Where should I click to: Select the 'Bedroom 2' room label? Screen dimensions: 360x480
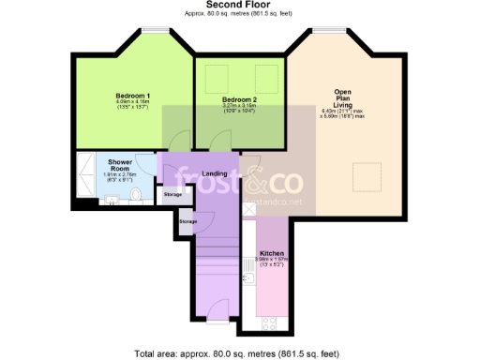click(x=239, y=99)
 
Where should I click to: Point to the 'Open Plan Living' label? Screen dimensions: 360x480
click(x=342, y=97)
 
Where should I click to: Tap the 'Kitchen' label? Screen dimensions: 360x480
click(x=268, y=254)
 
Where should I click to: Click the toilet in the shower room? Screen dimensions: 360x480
click(x=137, y=194)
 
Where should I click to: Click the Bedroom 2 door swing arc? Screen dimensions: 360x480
click(x=221, y=142)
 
